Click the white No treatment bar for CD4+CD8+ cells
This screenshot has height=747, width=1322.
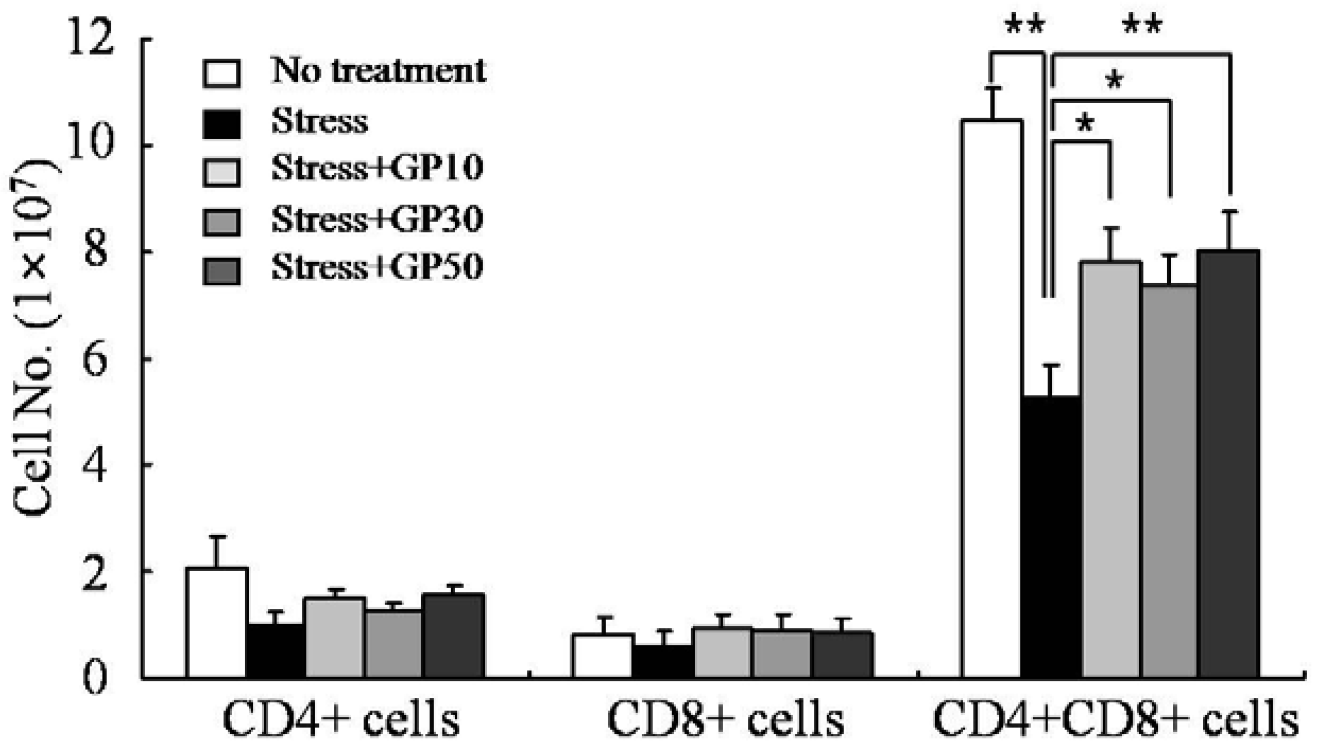(x=991, y=397)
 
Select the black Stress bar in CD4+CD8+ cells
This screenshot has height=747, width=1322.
(x=1051, y=535)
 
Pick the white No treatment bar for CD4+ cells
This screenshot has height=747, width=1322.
(x=217, y=622)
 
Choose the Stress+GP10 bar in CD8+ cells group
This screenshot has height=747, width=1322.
(x=722, y=652)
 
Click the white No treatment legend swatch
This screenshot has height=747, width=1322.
(x=221, y=73)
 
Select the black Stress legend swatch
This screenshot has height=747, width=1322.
(x=221, y=124)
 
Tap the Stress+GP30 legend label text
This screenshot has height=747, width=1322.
(x=377, y=219)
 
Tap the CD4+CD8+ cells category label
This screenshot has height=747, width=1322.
(x=1115, y=719)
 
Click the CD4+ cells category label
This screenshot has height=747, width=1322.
(x=341, y=719)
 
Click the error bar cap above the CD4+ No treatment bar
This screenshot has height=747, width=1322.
(x=216, y=537)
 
